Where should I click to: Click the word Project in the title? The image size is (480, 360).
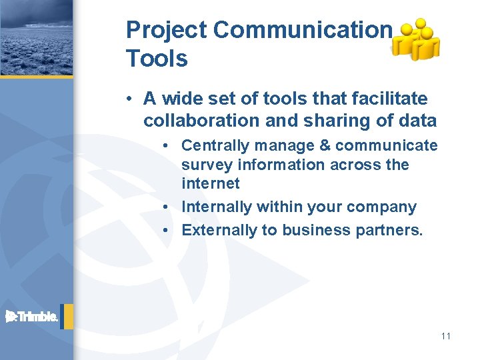coord(167,31)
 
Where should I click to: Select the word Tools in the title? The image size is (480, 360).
coord(157,59)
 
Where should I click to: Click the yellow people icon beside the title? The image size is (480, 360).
coord(416,40)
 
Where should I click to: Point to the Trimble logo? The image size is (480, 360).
coord(32,317)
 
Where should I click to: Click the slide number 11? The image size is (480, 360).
coord(445,336)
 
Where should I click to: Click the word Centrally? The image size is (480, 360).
coord(210,145)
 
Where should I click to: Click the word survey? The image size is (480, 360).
coord(205,164)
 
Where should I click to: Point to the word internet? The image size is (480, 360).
coord(210,183)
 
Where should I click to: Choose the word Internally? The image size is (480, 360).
coord(214,207)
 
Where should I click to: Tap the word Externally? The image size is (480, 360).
coord(215,230)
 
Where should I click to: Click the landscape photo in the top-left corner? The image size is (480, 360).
coord(36,37)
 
